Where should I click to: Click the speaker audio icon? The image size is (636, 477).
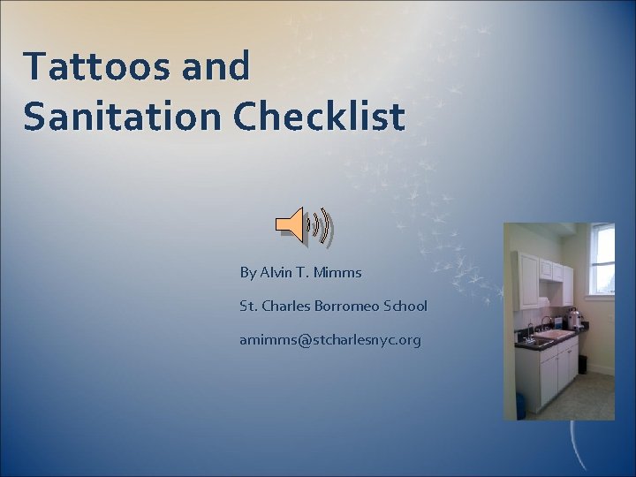point(303,225)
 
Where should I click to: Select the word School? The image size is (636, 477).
point(405,306)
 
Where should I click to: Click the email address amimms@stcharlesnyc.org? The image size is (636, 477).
point(329,339)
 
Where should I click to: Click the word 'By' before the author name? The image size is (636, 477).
point(247,272)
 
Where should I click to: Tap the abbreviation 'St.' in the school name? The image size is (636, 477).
point(247,306)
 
